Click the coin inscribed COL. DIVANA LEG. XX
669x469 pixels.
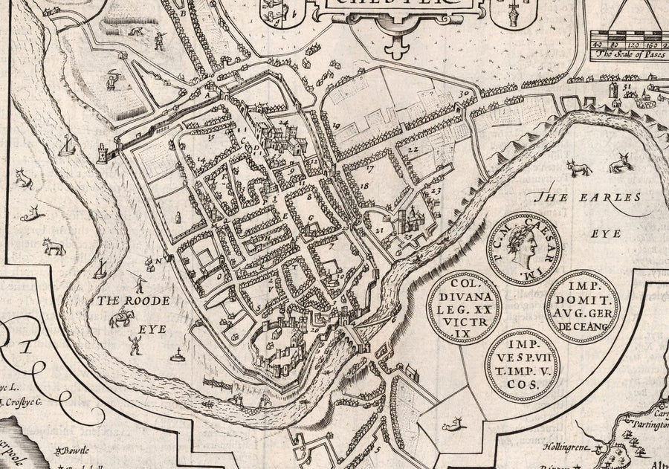pos(464,305)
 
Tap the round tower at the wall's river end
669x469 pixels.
pos(102,154)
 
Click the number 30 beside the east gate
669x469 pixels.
pos(465,94)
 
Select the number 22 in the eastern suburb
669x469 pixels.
pos(413,149)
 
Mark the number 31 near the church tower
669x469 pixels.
pos(627,87)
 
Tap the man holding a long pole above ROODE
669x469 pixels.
pos(138,281)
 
